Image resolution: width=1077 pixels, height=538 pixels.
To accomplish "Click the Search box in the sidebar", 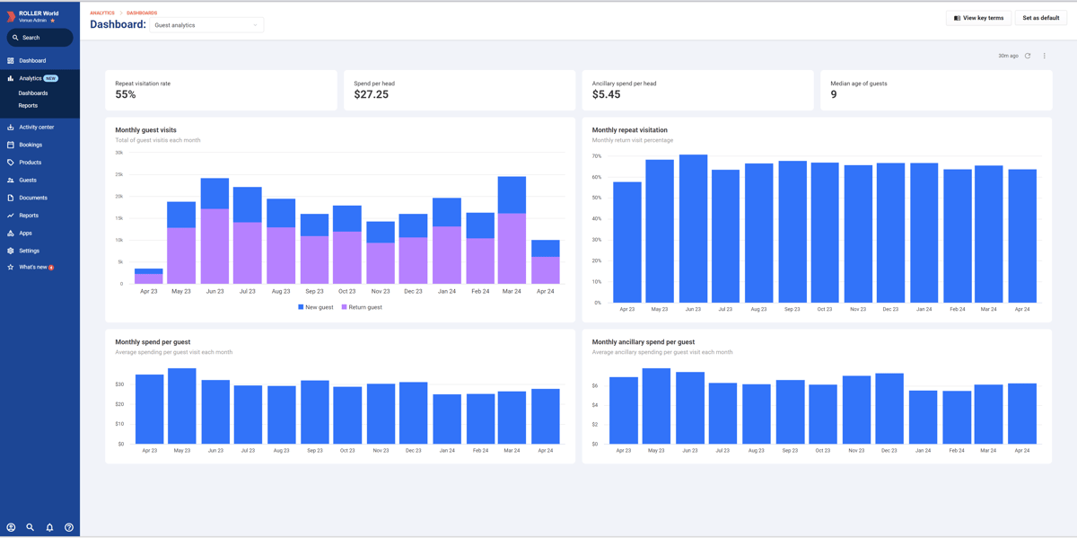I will pyautogui.click(x=39, y=38).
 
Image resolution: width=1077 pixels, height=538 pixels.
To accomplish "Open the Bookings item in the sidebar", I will pyautogui.click(x=31, y=145).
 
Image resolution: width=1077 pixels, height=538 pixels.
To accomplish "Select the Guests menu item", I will pyautogui.click(x=28, y=181).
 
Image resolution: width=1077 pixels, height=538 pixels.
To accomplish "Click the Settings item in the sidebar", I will pyautogui.click(x=29, y=251).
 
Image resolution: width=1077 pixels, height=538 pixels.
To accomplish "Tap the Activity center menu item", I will pyautogui.click(x=36, y=128).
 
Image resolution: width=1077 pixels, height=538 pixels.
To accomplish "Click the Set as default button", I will pyautogui.click(x=1041, y=18).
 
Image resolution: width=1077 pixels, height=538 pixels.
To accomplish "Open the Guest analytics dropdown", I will pyautogui.click(x=206, y=25).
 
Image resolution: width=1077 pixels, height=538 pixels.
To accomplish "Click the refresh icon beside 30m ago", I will pyautogui.click(x=1028, y=56).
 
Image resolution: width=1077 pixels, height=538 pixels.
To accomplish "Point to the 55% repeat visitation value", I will pyautogui.click(x=126, y=94).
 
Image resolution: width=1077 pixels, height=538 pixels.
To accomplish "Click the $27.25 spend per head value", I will pyautogui.click(x=372, y=94).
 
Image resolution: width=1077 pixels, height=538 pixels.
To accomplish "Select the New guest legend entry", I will pyautogui.click(x=316, y=307).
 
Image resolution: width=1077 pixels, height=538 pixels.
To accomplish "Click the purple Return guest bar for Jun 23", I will pyautogui.click(x=215, y=247).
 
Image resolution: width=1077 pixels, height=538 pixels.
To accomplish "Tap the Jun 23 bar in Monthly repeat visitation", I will pyautogui.click(x=693, y=229).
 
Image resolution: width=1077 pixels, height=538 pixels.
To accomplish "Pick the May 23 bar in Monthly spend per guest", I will pyautogui.click(x=182, y=406).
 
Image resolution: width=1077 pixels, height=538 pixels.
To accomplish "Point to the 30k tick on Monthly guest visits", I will pyautogui.click(x=118, y=152).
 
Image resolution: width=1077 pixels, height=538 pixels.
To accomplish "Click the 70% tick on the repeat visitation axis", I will pyautogui.click(x=597, y=156).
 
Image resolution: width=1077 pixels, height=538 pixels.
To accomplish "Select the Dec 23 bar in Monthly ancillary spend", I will pyautogui.click(x=889, y=409).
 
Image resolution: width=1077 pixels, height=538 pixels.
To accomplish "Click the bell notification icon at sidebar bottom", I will pyautogui.click(x=49, y=527).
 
